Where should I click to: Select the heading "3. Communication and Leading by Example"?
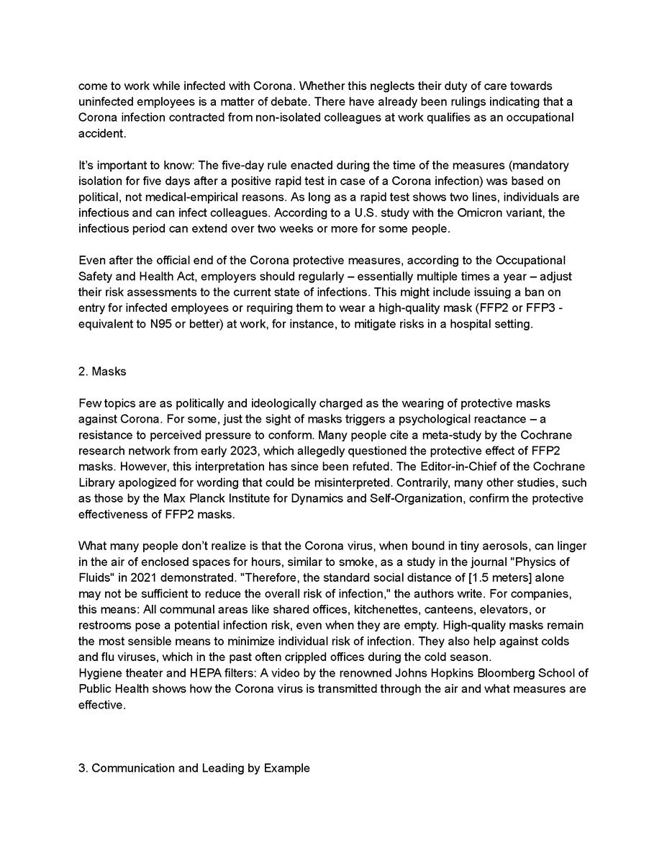(194, 768)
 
